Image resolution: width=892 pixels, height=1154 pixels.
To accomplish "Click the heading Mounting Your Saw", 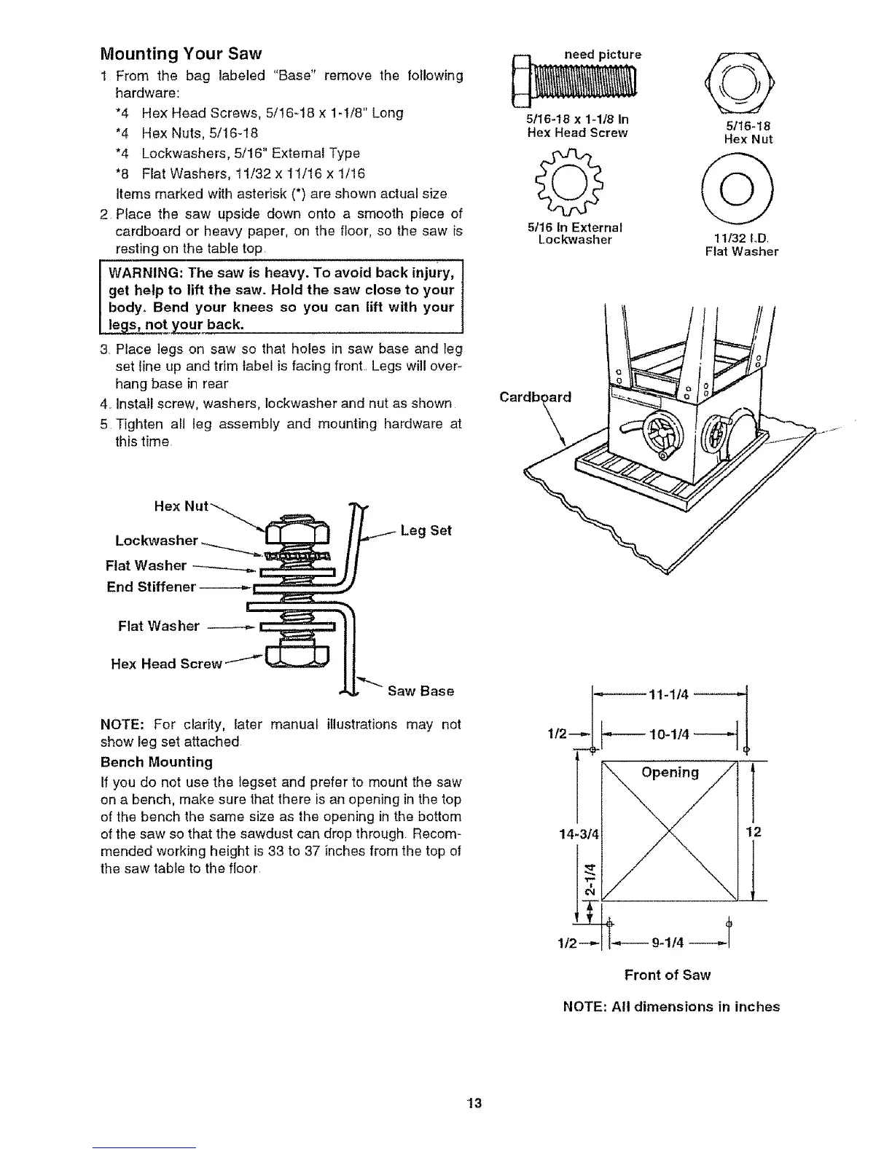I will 180,54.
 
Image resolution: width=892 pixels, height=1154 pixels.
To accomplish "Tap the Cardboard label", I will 536,398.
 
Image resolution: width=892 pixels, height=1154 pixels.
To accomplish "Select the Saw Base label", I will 420,691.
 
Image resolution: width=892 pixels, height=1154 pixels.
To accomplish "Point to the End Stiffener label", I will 151,586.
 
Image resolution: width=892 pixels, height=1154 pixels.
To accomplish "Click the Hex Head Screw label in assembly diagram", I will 165,664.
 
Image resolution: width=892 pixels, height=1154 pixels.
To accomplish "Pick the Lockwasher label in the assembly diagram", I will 157,541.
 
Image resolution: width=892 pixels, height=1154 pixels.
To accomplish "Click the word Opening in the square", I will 670,772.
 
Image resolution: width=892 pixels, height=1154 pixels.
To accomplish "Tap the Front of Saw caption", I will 667,975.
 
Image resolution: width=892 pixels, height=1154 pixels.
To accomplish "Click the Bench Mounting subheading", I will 156,762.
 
